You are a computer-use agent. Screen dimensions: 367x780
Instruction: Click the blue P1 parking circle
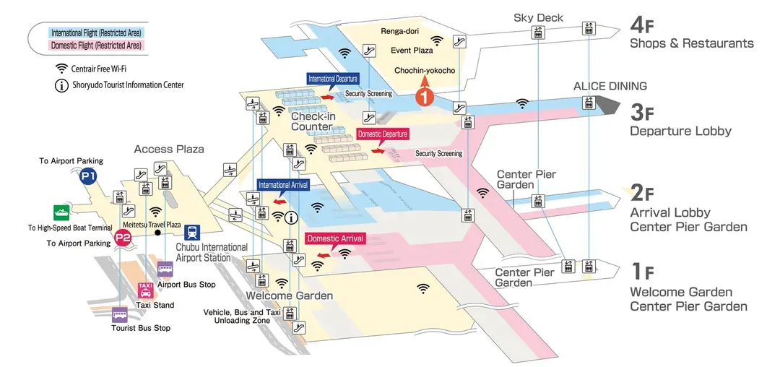coord(88,176)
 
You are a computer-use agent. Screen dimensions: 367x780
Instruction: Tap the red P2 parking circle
coord(123,238)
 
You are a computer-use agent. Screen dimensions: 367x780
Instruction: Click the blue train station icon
coord(193,233)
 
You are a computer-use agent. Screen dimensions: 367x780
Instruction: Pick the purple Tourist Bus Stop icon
coord(120,314)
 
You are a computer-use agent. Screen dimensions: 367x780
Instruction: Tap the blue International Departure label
coord(333,78)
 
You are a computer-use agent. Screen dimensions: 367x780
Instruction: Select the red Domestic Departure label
coord(383,134)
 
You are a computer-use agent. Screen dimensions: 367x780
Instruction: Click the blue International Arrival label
coord(284,185)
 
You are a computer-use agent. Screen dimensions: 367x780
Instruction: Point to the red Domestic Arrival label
coord(335,238)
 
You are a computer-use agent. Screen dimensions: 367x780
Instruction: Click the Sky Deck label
coord(538,17)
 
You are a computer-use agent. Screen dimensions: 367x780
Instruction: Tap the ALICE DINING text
coord(610,86)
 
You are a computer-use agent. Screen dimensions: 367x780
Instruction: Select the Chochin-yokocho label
coord(425,70)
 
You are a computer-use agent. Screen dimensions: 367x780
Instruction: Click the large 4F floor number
coord(642,25)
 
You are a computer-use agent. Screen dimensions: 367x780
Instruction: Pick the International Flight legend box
coord(96,33)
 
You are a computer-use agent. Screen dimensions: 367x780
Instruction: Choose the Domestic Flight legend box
coord(96,46)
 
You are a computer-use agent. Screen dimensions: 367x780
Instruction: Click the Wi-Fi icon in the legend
coord(62,69)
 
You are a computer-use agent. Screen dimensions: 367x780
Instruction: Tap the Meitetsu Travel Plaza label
coord(152,225)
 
